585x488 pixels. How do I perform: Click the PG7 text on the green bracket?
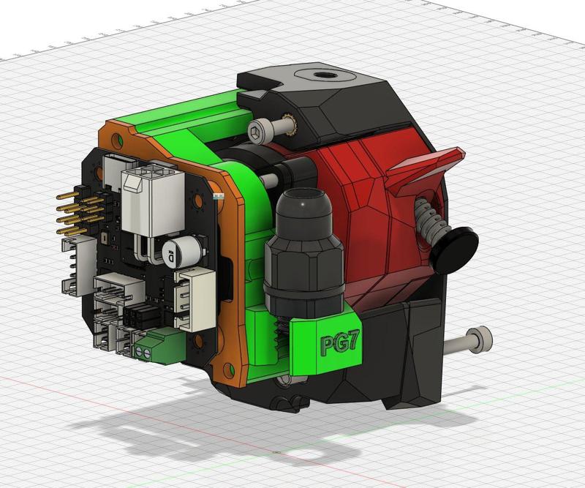point(337,344)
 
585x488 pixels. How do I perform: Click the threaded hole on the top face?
point(321,75)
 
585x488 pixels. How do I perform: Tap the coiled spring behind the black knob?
point(428,219)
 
